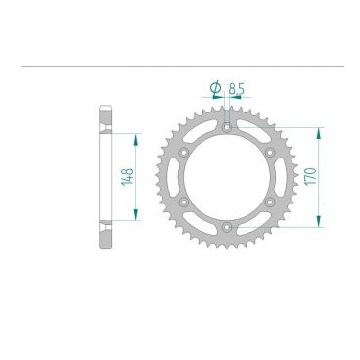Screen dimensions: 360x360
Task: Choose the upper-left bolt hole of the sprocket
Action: pos(183,152)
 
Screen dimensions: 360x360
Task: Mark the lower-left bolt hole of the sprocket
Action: pos(183,202)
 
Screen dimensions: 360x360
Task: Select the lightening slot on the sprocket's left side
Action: pos(174,177)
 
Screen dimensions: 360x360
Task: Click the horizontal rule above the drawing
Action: pos(180,67)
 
